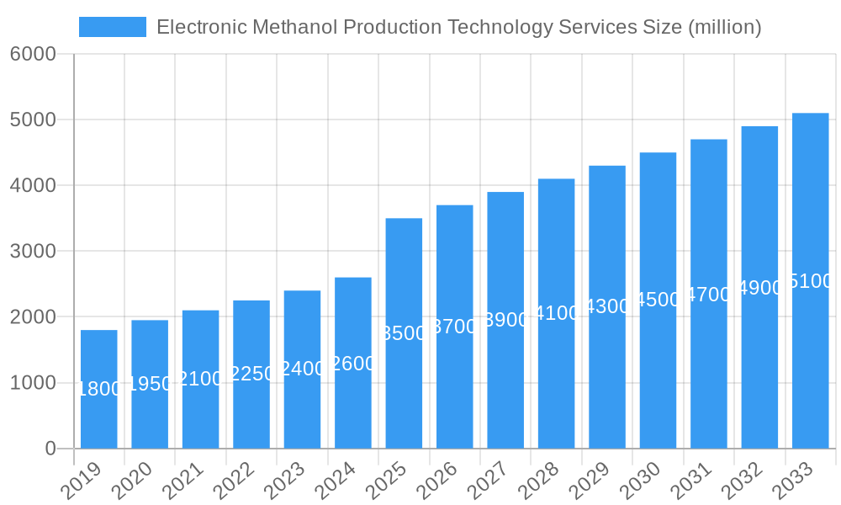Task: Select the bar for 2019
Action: click(99, 389)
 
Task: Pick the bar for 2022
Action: click(251, 374)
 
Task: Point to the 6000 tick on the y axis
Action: click(33, 55)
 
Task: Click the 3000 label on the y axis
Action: click(33, 252)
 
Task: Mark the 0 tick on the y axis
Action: click(50, 449)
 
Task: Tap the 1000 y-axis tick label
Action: click(33, 383)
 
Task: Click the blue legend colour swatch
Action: click(113, 27)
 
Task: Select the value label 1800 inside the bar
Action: click(99, 389)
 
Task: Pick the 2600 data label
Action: click(353, 364)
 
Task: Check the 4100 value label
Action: click(557, 313)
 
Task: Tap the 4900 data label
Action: click(759, 288)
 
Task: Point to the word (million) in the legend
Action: click(724, 27)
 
